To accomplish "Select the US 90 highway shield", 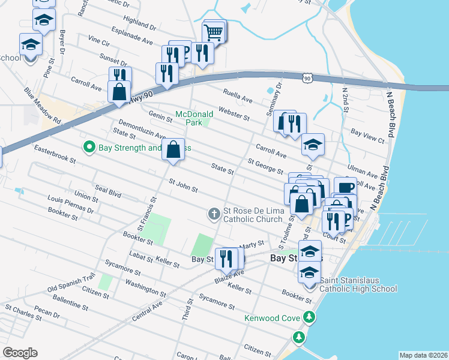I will point(307,78).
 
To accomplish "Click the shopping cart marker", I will point(214,32).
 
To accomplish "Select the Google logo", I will point(20,353).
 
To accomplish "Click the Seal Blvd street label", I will point(107,193).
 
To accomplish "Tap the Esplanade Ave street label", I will point(131,38).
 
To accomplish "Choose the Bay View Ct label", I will point(367,136).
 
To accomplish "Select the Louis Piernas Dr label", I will point(70,204).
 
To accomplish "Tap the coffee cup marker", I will point(345,187).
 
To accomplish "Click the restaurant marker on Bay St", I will point(226,259).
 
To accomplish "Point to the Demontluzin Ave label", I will point(141,133).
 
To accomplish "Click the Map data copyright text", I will point(423,355).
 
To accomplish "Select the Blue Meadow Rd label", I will point(43,107).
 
